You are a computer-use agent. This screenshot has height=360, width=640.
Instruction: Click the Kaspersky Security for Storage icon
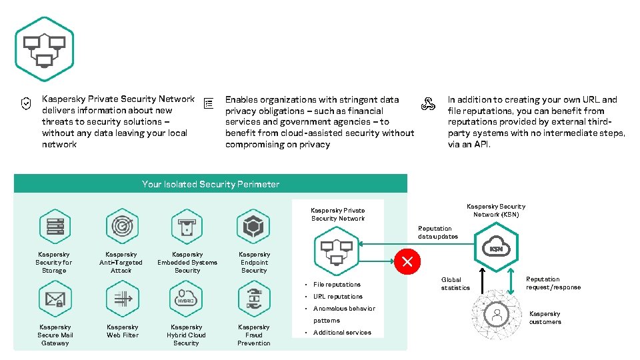point(55,227)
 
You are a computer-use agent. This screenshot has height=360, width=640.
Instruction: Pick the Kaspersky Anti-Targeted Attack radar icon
point(121,227)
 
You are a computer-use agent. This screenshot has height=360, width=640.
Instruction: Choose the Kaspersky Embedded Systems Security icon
point(187,227)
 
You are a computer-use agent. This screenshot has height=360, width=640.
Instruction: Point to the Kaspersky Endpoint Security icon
point(254,227)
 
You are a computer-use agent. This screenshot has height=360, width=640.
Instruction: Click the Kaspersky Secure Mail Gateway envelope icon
point(55,299)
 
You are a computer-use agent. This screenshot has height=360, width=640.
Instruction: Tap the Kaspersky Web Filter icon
point(121,299)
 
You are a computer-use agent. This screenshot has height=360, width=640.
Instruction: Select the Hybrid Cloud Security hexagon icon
point(187,299)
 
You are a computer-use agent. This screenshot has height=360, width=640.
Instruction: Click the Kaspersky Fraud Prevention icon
point(254,299)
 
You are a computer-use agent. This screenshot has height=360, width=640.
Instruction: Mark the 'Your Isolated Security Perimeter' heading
point(210,184)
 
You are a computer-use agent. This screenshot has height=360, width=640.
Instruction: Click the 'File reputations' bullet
point(337,285)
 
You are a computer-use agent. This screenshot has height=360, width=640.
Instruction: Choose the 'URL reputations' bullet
point(338,297)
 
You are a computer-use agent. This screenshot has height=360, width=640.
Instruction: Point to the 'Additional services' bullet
point(342,333)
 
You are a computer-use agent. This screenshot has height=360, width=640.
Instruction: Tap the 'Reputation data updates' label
point(438,233)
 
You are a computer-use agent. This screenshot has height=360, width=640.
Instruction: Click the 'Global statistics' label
point(455,284)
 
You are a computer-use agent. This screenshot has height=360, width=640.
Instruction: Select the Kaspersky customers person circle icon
point(496,314)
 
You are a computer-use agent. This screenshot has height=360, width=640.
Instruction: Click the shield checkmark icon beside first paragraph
point(25,103)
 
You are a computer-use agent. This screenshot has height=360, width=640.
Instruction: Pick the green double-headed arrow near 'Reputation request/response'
point(511,279)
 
